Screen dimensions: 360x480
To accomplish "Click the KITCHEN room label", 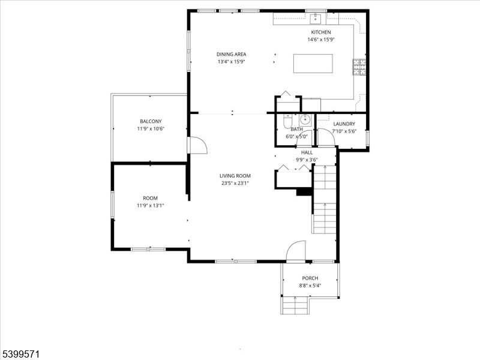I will tap(321, 32).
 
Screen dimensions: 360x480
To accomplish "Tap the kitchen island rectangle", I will tap(313, 63).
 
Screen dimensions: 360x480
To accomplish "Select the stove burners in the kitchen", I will tap(359, 67).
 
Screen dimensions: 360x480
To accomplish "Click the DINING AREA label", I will tap(231, 54).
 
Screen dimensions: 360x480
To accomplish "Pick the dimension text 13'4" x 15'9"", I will tap(231, 61).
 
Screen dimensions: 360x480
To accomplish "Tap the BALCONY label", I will tap(151, 121).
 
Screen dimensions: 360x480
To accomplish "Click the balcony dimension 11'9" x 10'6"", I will tap(151, 128).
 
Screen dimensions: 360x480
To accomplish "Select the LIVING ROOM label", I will tap(235, 176).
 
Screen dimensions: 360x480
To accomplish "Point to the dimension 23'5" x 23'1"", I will tap(235, 183).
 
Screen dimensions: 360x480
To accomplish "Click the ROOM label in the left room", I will tap(150, 198).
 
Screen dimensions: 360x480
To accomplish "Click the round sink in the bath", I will tap(304, 118).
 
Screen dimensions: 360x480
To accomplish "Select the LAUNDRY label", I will tap(344, 124).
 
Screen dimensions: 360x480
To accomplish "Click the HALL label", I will tap(307, 152).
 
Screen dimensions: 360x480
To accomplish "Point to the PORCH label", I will tap(310, 278).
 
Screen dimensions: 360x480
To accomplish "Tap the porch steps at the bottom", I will tap(295, 306).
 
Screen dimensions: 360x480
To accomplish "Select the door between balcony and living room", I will tap(197, 145).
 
